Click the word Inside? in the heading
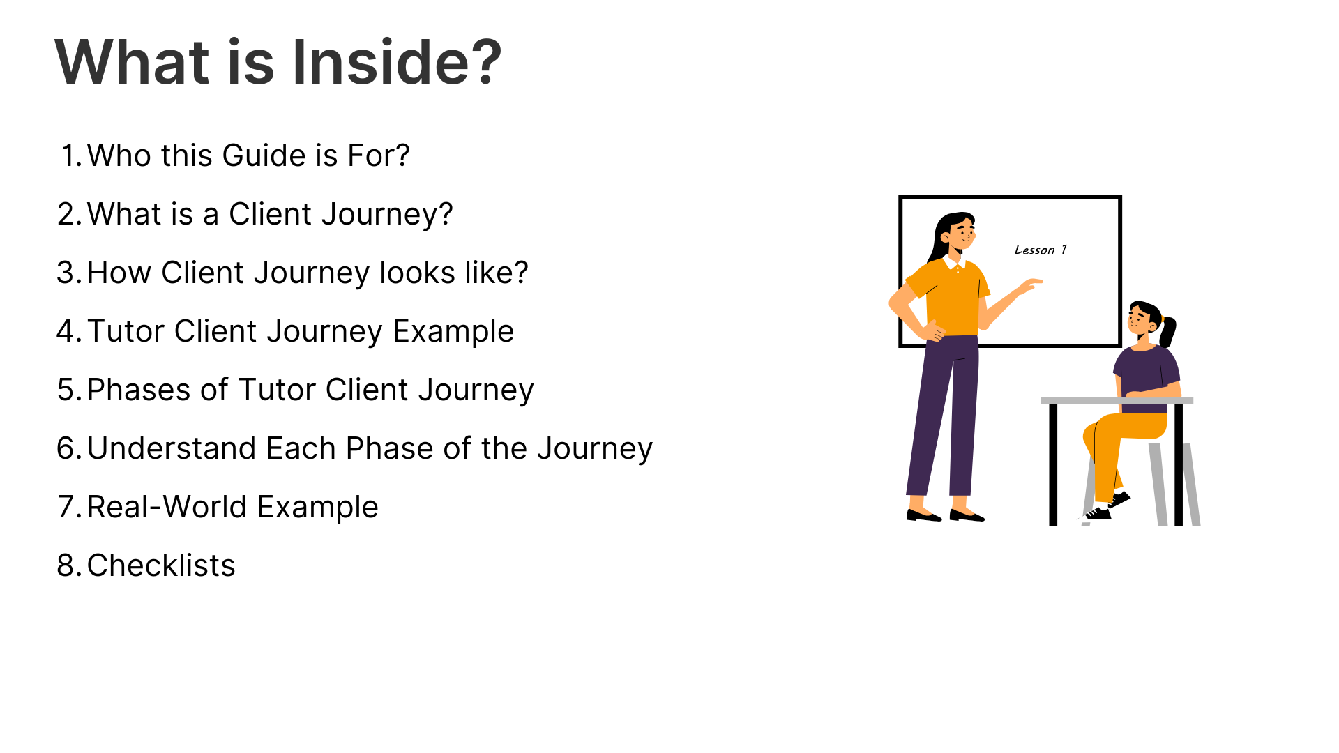coord(397,62)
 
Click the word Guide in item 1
coord(264,155)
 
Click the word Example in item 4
coord(453,331)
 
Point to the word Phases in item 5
coord(139,390)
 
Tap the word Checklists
coord(161,565)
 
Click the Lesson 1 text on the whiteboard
coord(1041,250)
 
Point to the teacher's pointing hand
coord(1030,285)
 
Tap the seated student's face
coord(1141,321)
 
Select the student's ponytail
coord(1168,330)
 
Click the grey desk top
coord(1117,400)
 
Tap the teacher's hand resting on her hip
coord(935,332)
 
